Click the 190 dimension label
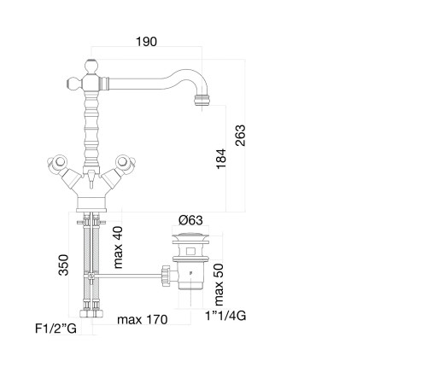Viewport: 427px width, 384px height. (x=146, y=42)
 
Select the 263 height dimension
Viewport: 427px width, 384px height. (x=241, y=136)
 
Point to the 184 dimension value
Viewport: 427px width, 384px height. (x=221, y=159)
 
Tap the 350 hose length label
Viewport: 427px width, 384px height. (x=63, y=265)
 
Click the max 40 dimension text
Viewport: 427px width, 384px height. (x=118, y=247)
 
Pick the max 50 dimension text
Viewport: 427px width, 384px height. (x=219, y=284)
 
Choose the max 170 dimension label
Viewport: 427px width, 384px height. (x=143, y=320)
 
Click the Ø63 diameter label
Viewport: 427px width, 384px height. (x=190, y=220)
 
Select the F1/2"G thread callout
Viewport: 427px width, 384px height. (x=56, y=329)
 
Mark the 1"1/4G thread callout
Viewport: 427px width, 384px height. (x=225, y=316)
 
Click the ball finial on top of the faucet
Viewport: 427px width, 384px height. (x=91, y=67)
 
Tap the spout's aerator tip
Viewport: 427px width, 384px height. (x=202, y=100)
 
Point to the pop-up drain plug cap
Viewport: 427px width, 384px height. (x=190, y=236)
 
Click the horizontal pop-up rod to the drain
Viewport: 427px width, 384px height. (x=129, y=275)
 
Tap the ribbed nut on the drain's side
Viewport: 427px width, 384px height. (x=165, y=276)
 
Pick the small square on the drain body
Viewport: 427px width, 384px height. (x=190, y=251)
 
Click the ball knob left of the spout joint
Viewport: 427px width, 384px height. (x=73, y=84)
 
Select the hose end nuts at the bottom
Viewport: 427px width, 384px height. (x=91, y=313)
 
